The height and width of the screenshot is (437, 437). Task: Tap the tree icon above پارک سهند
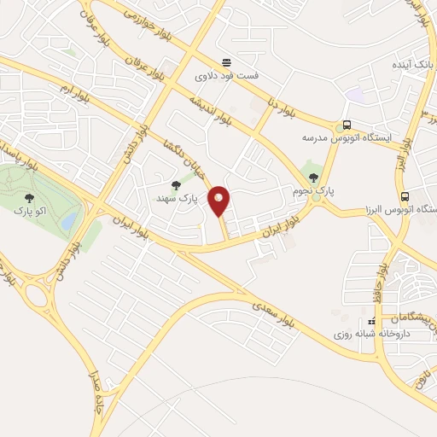[177, 185]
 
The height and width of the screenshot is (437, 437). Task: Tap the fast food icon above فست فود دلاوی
[226, 61]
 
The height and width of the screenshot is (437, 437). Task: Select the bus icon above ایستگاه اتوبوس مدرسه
[347, 124]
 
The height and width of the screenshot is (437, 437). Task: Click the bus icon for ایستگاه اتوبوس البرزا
[405, 195]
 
